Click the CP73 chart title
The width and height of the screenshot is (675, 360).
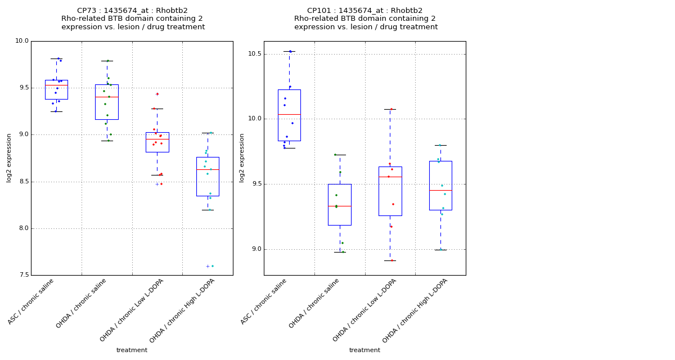pos(133,19)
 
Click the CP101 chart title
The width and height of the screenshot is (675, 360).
pos(366,19)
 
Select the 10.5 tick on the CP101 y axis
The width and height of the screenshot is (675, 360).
pos(254,54)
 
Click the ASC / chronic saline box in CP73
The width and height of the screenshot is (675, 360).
pos(56,90)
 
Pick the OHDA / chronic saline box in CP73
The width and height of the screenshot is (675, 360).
pos(107,102)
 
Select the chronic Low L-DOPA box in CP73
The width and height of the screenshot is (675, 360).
pos(157,142)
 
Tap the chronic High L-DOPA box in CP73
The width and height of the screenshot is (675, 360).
pos(208,177)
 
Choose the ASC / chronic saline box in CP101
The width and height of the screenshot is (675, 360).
pos(289,115)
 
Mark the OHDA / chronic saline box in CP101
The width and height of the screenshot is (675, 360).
pos(340,205)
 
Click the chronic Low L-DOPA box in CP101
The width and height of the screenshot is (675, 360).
pos(390,191)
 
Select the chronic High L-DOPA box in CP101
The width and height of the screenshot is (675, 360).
pos(440,186)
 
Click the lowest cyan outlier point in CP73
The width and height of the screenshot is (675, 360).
pos(212,266)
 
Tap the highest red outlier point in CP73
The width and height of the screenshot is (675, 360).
pos(157,94)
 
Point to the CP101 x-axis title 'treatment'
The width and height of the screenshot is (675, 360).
pos(364,350)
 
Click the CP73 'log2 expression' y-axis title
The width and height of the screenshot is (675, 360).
pos(9,158)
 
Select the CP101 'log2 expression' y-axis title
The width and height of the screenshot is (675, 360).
pos(242,158)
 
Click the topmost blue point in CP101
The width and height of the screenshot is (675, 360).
pos(290,51)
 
